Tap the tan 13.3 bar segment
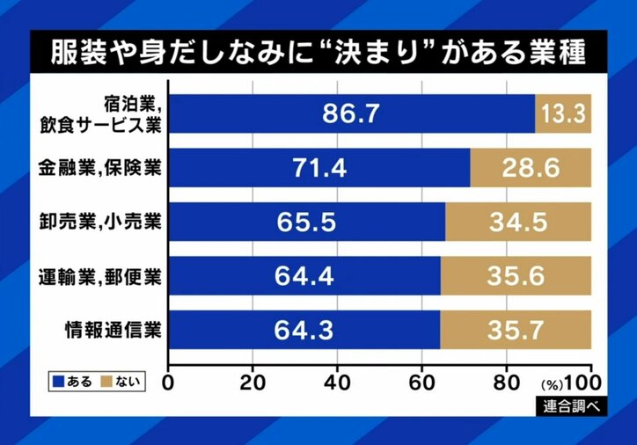(562, 113)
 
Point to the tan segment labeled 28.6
(530, 167)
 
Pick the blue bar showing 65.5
(306, 221)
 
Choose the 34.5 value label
(517, 221)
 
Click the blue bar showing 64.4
(304, 275)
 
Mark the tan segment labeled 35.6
(515, 275)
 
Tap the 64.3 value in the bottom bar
(304, 330)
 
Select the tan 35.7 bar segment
(515, 330)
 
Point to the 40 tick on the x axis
(337, 383)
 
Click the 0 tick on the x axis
(169, 383)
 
